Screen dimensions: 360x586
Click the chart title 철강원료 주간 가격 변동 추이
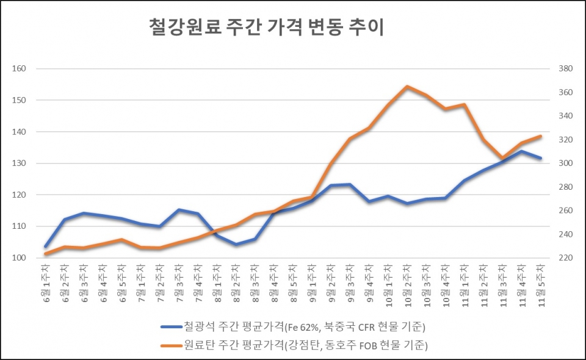click(266, 27)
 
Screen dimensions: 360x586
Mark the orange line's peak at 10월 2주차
click(407, 87)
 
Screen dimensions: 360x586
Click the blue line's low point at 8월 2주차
click(236, 245)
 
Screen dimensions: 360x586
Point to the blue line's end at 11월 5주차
click(540, 158)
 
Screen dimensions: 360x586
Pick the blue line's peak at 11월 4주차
click(521, 151)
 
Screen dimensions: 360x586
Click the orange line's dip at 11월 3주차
click(502, 158)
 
